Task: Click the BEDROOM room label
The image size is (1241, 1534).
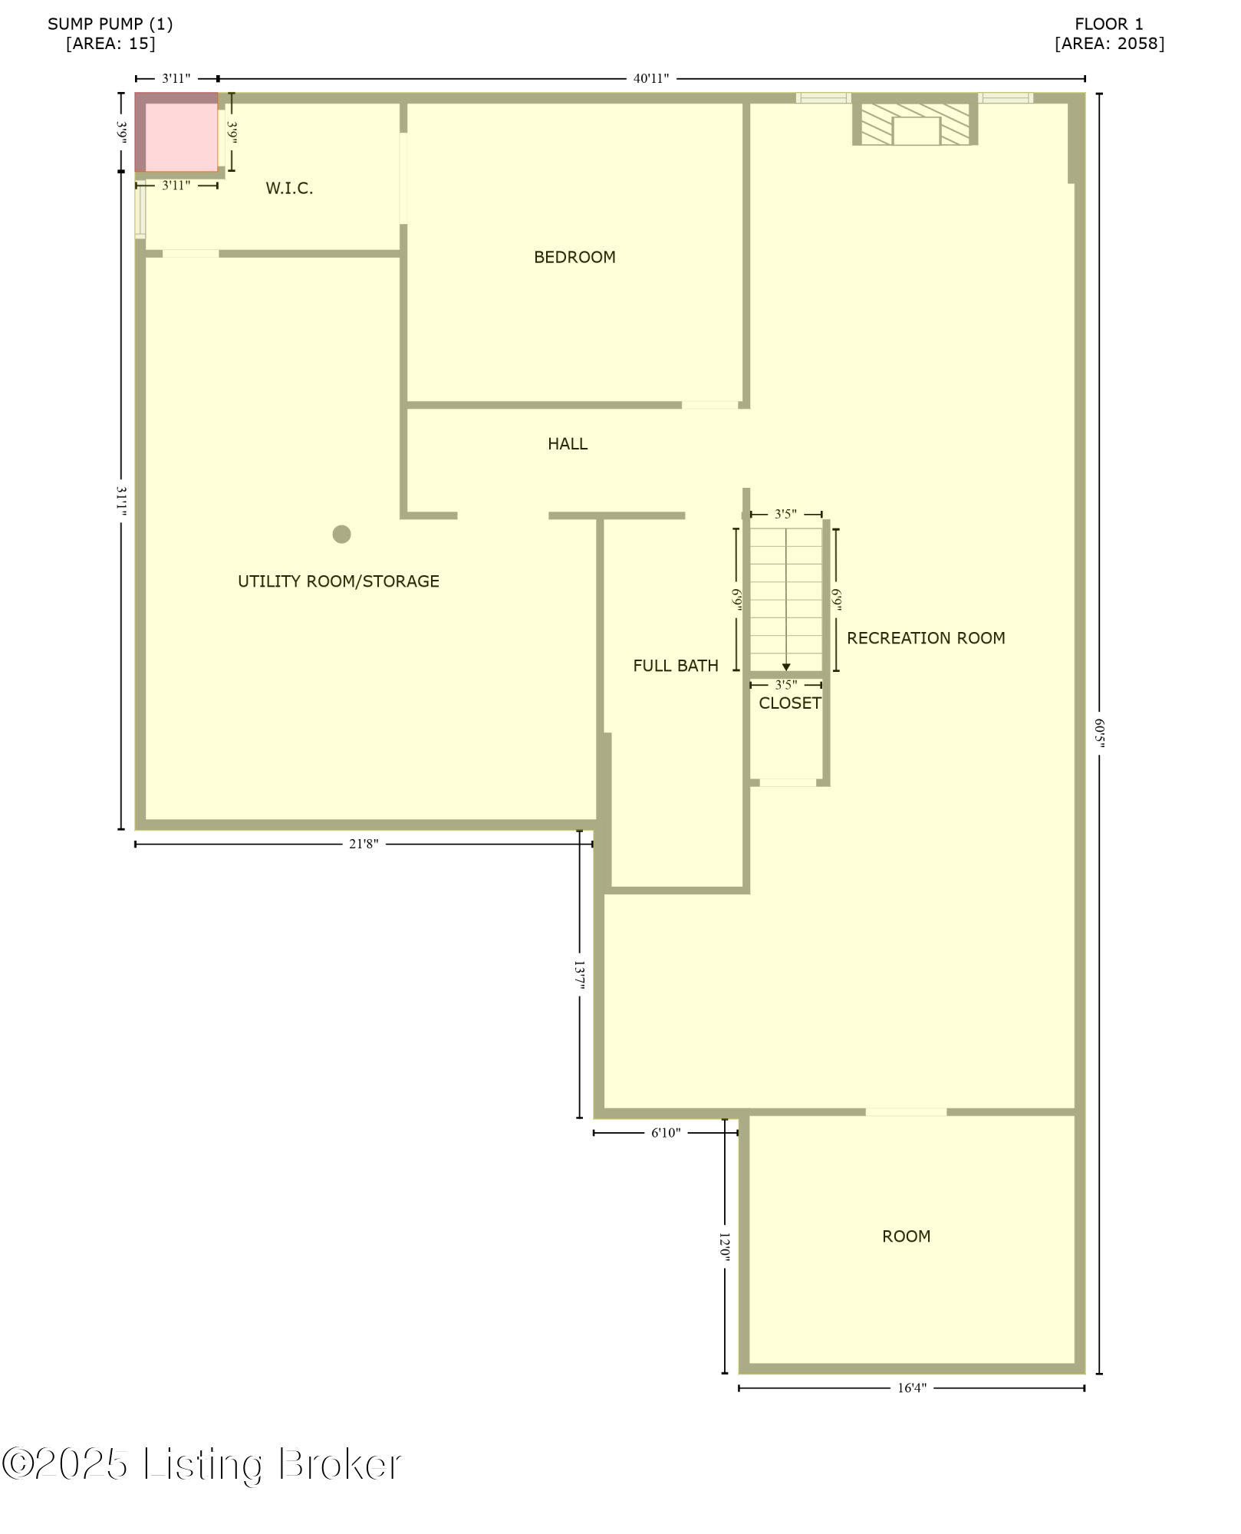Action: coord(574,258)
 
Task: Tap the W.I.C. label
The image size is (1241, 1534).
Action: coord(289,189)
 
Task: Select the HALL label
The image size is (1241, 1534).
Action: coord(568,444)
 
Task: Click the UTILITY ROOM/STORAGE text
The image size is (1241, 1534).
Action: coord(338,581)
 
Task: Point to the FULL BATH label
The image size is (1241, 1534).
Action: coord(675,666)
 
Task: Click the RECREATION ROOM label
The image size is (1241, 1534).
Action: coord(926,638)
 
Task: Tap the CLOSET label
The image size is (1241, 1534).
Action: coord(789,703)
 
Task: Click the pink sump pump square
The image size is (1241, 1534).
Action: coord(180,137)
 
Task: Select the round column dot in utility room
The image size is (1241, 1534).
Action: coord(341,535)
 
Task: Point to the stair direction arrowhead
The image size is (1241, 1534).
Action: coord(786,667)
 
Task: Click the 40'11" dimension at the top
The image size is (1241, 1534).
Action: coord(650,78)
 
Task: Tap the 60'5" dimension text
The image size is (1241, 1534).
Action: coord(1099,732)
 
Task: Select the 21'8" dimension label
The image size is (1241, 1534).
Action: coord(364,844)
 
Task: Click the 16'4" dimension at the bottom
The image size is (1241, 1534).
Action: coord(912,1388)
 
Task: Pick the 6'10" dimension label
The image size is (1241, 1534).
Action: coord(666,1133)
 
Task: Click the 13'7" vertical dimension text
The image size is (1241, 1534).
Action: coord(580,975)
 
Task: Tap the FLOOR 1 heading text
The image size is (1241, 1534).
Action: coord(1108,24)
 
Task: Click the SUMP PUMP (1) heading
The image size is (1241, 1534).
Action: coord(110,24)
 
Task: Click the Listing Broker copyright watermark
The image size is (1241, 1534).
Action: coord(202,1465)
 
